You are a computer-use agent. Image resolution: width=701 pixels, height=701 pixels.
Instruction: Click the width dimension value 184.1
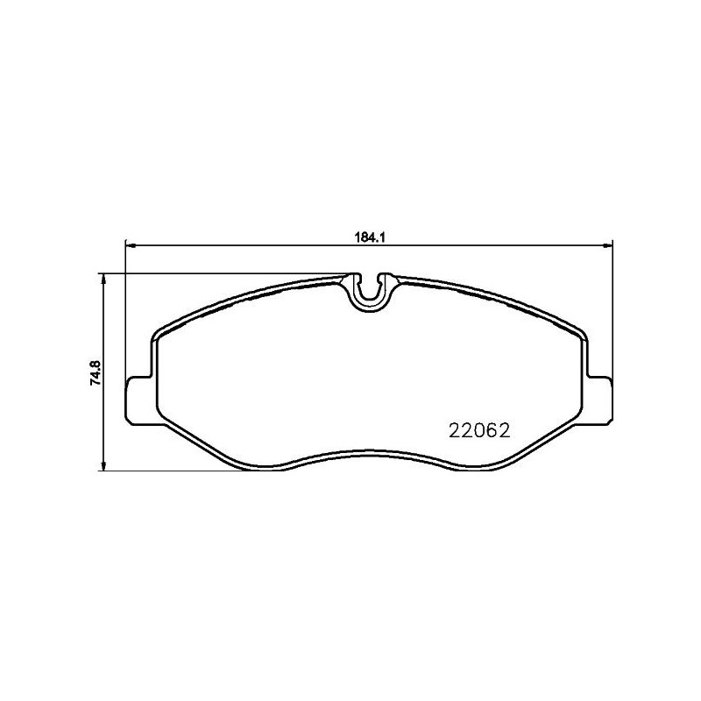[x=370, y=237]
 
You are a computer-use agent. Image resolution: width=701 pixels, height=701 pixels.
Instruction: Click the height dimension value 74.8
[x=97, y=373]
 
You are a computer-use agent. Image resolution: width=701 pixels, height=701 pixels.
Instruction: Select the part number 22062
[x=479, y=430]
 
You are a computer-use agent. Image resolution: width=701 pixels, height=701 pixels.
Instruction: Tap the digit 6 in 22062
[x=492, y=430]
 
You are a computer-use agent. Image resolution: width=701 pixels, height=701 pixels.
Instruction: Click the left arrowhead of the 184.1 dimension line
[x=130, y=245]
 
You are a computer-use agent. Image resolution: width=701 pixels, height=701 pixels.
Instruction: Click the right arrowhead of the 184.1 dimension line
[x=607, y=245]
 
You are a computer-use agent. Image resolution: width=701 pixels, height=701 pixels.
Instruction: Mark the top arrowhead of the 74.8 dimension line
[x=103, y=279]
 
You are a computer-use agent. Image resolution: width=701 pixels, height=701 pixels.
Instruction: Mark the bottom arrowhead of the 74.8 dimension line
[x=103, y=465]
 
